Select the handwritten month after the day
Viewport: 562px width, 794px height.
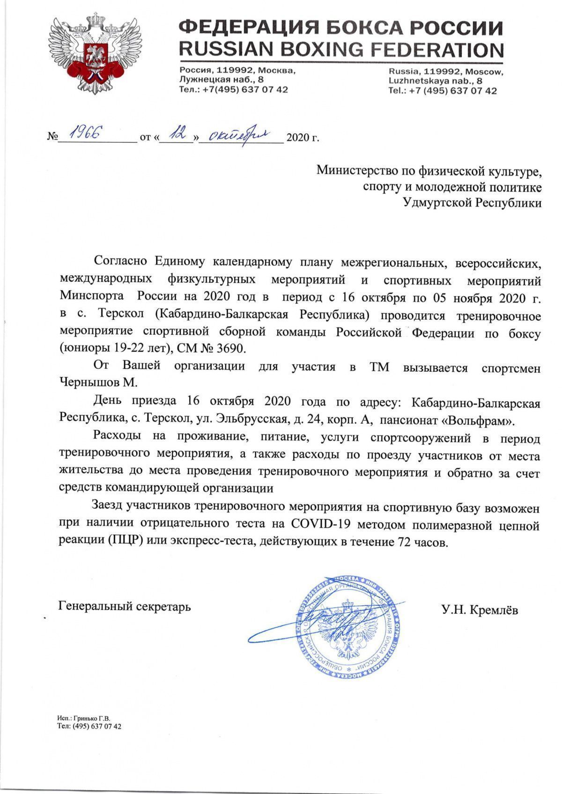coord(237,136)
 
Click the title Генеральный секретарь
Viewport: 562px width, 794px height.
coord(125,607)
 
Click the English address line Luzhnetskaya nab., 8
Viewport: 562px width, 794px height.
coord(435,81)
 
